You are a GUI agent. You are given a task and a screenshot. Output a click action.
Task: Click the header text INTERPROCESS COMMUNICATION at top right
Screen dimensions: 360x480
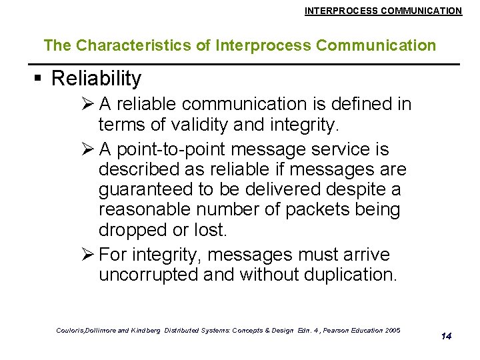tap(383, 11)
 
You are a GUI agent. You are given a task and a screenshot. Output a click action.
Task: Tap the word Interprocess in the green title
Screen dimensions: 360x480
tap(265, 46)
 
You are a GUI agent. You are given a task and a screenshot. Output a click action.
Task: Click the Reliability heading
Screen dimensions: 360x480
tap(96, 79)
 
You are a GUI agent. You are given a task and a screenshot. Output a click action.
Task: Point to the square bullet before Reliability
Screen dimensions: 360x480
tap(38, 79)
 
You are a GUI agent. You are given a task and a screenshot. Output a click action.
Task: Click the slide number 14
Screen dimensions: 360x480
tap(446, 336)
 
